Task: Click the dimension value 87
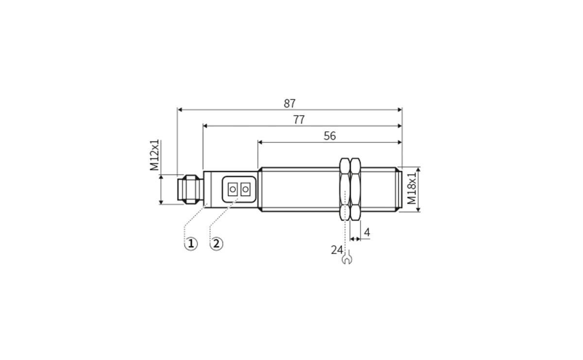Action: (290, 103)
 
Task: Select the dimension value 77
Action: (299, 120)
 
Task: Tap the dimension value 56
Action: (329, 136)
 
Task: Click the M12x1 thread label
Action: (154, 155)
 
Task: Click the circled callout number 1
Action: (190, 243)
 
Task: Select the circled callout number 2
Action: (216, 243)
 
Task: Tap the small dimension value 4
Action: (367, 233)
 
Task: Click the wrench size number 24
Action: (337, 250)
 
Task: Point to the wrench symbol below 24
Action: (346, 260)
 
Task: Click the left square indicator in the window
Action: (232, 189)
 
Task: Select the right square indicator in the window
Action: (245, 189)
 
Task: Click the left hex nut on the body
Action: (344, 189)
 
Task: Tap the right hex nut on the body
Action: (356, 189)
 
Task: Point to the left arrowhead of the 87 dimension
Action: (180, 110)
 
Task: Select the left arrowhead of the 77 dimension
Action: (205, 126)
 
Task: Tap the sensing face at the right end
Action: (400, 189)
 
